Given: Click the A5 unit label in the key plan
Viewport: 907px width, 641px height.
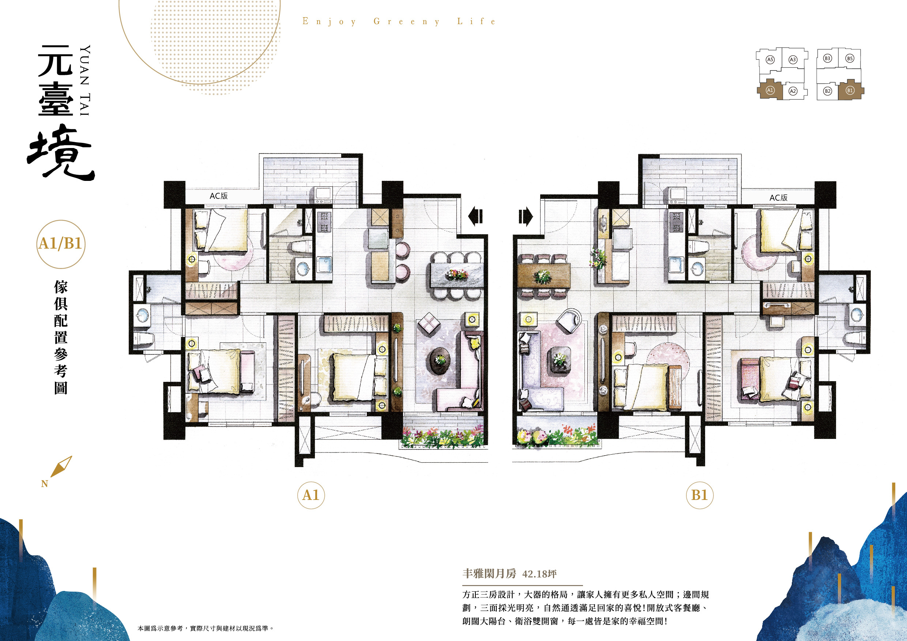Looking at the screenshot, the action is [x=770, y=60].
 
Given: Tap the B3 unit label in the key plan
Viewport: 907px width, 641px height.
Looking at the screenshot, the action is [x=827, y=58].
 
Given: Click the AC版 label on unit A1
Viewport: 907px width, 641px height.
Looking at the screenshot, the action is [x=218, y=196].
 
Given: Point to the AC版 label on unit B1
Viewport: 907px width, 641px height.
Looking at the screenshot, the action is [x=778, y=197].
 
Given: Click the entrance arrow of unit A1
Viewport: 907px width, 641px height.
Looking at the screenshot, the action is [x=475, y=216].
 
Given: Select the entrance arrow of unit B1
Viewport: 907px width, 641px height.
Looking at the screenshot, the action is [x=526, y=217].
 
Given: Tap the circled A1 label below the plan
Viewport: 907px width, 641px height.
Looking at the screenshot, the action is [x=311, y=495].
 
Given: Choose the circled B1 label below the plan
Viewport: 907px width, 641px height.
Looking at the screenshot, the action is [x=700, y=495].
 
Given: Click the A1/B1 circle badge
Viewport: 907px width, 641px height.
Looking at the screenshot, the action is [x=60, y=244].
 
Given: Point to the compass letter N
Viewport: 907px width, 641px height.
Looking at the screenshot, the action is [x=44, y=484].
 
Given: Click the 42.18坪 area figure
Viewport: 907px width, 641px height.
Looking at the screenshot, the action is [x=539, y=574].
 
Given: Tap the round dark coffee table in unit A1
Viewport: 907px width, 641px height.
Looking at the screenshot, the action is [x=440, y=360].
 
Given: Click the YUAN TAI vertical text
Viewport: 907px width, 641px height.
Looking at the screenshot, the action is [x=85, y=80].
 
